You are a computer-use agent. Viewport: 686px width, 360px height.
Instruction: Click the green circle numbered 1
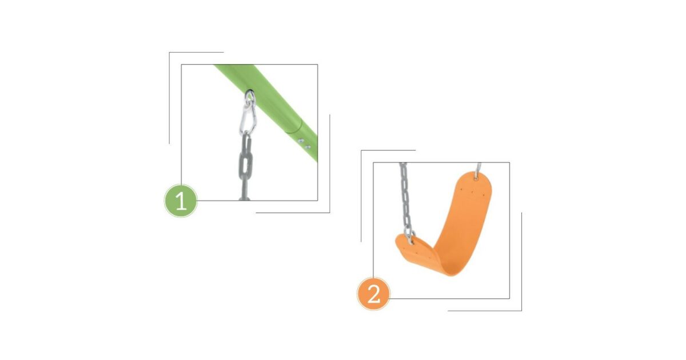[181, 201]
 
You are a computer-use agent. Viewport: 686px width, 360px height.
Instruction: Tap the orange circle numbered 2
[373, 294]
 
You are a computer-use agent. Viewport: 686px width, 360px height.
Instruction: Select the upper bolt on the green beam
[301, 141]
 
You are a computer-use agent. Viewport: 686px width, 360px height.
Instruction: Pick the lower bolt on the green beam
[308, 147]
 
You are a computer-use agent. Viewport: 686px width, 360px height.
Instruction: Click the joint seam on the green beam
[294, 126]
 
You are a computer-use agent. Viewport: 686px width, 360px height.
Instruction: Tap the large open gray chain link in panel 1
[246, 159]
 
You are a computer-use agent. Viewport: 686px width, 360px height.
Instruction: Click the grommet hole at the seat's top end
[476, 177]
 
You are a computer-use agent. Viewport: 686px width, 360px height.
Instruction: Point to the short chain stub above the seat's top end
[478, 168]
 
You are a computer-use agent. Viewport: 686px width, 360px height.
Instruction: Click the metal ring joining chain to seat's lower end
[410, 237]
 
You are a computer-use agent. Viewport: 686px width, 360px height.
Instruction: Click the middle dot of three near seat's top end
[472, 192]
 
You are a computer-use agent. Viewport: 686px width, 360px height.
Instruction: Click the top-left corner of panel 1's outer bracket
[169, 53]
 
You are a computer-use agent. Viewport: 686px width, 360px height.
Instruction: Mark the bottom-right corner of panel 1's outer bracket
[330, 213]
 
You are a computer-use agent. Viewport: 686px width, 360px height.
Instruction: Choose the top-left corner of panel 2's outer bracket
[361, 150]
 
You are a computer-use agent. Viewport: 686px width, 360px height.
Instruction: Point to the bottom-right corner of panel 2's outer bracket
[521, 311]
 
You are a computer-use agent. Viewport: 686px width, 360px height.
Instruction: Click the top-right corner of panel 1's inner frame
[318, 64]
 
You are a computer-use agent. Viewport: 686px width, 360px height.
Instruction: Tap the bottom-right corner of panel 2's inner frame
[509, 298]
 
